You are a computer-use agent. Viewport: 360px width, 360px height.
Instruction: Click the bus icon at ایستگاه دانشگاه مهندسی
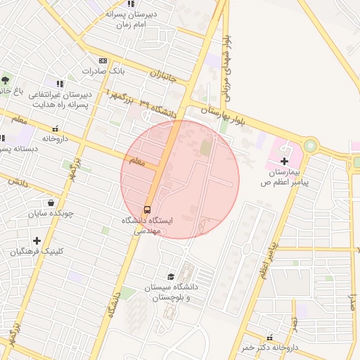(147, 209)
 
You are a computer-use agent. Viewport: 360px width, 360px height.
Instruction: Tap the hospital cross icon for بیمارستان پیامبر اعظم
(284, 161)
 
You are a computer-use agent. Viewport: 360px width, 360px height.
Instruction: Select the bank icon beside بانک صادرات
(103, 61)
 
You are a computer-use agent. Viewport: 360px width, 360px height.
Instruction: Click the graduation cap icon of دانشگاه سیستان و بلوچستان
(171, 276)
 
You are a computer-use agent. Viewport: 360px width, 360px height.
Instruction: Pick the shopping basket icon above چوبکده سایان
(50, 202)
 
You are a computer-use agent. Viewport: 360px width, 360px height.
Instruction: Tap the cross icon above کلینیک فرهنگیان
(37, 240)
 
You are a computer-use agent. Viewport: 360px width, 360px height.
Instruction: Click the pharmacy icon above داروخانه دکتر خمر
(269, 337)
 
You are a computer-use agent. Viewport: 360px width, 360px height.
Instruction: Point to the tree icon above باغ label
(6, 79)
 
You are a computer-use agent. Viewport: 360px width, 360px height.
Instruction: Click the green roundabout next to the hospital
(310, 147)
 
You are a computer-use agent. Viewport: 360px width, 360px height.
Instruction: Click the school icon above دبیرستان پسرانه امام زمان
(130, 4)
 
